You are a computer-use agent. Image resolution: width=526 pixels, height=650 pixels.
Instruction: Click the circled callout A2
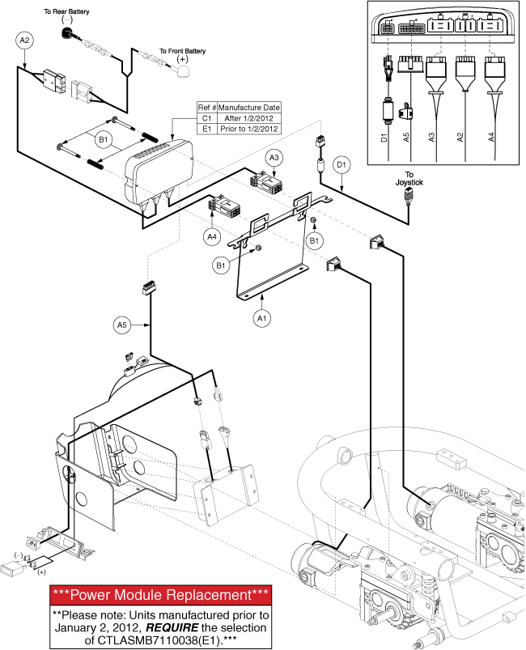click(24, 40)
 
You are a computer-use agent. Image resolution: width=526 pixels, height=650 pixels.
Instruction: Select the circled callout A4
click(212, 236)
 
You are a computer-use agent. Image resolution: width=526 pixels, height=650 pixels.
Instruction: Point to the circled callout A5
click(121, 325)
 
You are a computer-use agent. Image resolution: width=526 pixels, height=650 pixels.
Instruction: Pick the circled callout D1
click(341, 165)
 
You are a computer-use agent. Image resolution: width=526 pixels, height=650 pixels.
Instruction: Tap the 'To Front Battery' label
click(182, 51)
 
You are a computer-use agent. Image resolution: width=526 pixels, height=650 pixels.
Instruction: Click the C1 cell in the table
click(206, 117)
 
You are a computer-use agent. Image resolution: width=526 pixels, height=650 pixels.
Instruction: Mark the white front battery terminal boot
click(183, 72)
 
